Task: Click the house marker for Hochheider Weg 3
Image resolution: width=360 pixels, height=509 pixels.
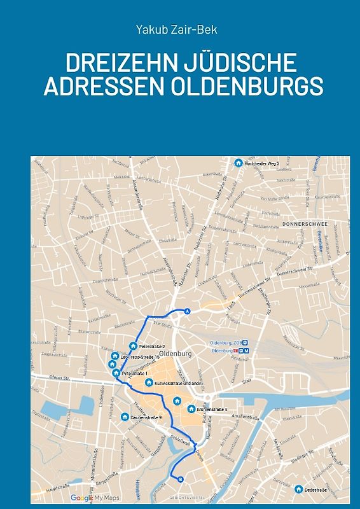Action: pyautogui.click(x=239, y=164)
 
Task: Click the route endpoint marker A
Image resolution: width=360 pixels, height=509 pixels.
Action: pyautogui.click(x=187, y=311)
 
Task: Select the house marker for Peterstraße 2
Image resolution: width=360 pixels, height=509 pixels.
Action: pyautogui.click(x=133, y=346)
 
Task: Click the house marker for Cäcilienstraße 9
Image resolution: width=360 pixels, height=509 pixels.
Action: pyautogui.click(x=125, y=417)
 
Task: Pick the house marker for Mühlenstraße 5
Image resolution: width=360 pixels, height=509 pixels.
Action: pyautogui.click(x=191, y=408)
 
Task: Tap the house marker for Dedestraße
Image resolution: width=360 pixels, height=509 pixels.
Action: pyautogui.click(x=298, y=489)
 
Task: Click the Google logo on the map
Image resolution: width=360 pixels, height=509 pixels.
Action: pyautogui.click(x=81, y=498)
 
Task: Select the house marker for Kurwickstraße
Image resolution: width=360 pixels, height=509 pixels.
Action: pyautogui.click(x=149, y=382)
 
